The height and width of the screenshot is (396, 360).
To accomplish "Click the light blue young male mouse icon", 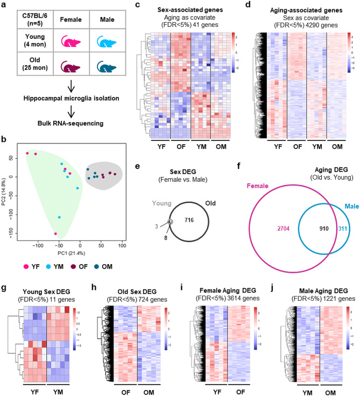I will click(106, 43).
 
